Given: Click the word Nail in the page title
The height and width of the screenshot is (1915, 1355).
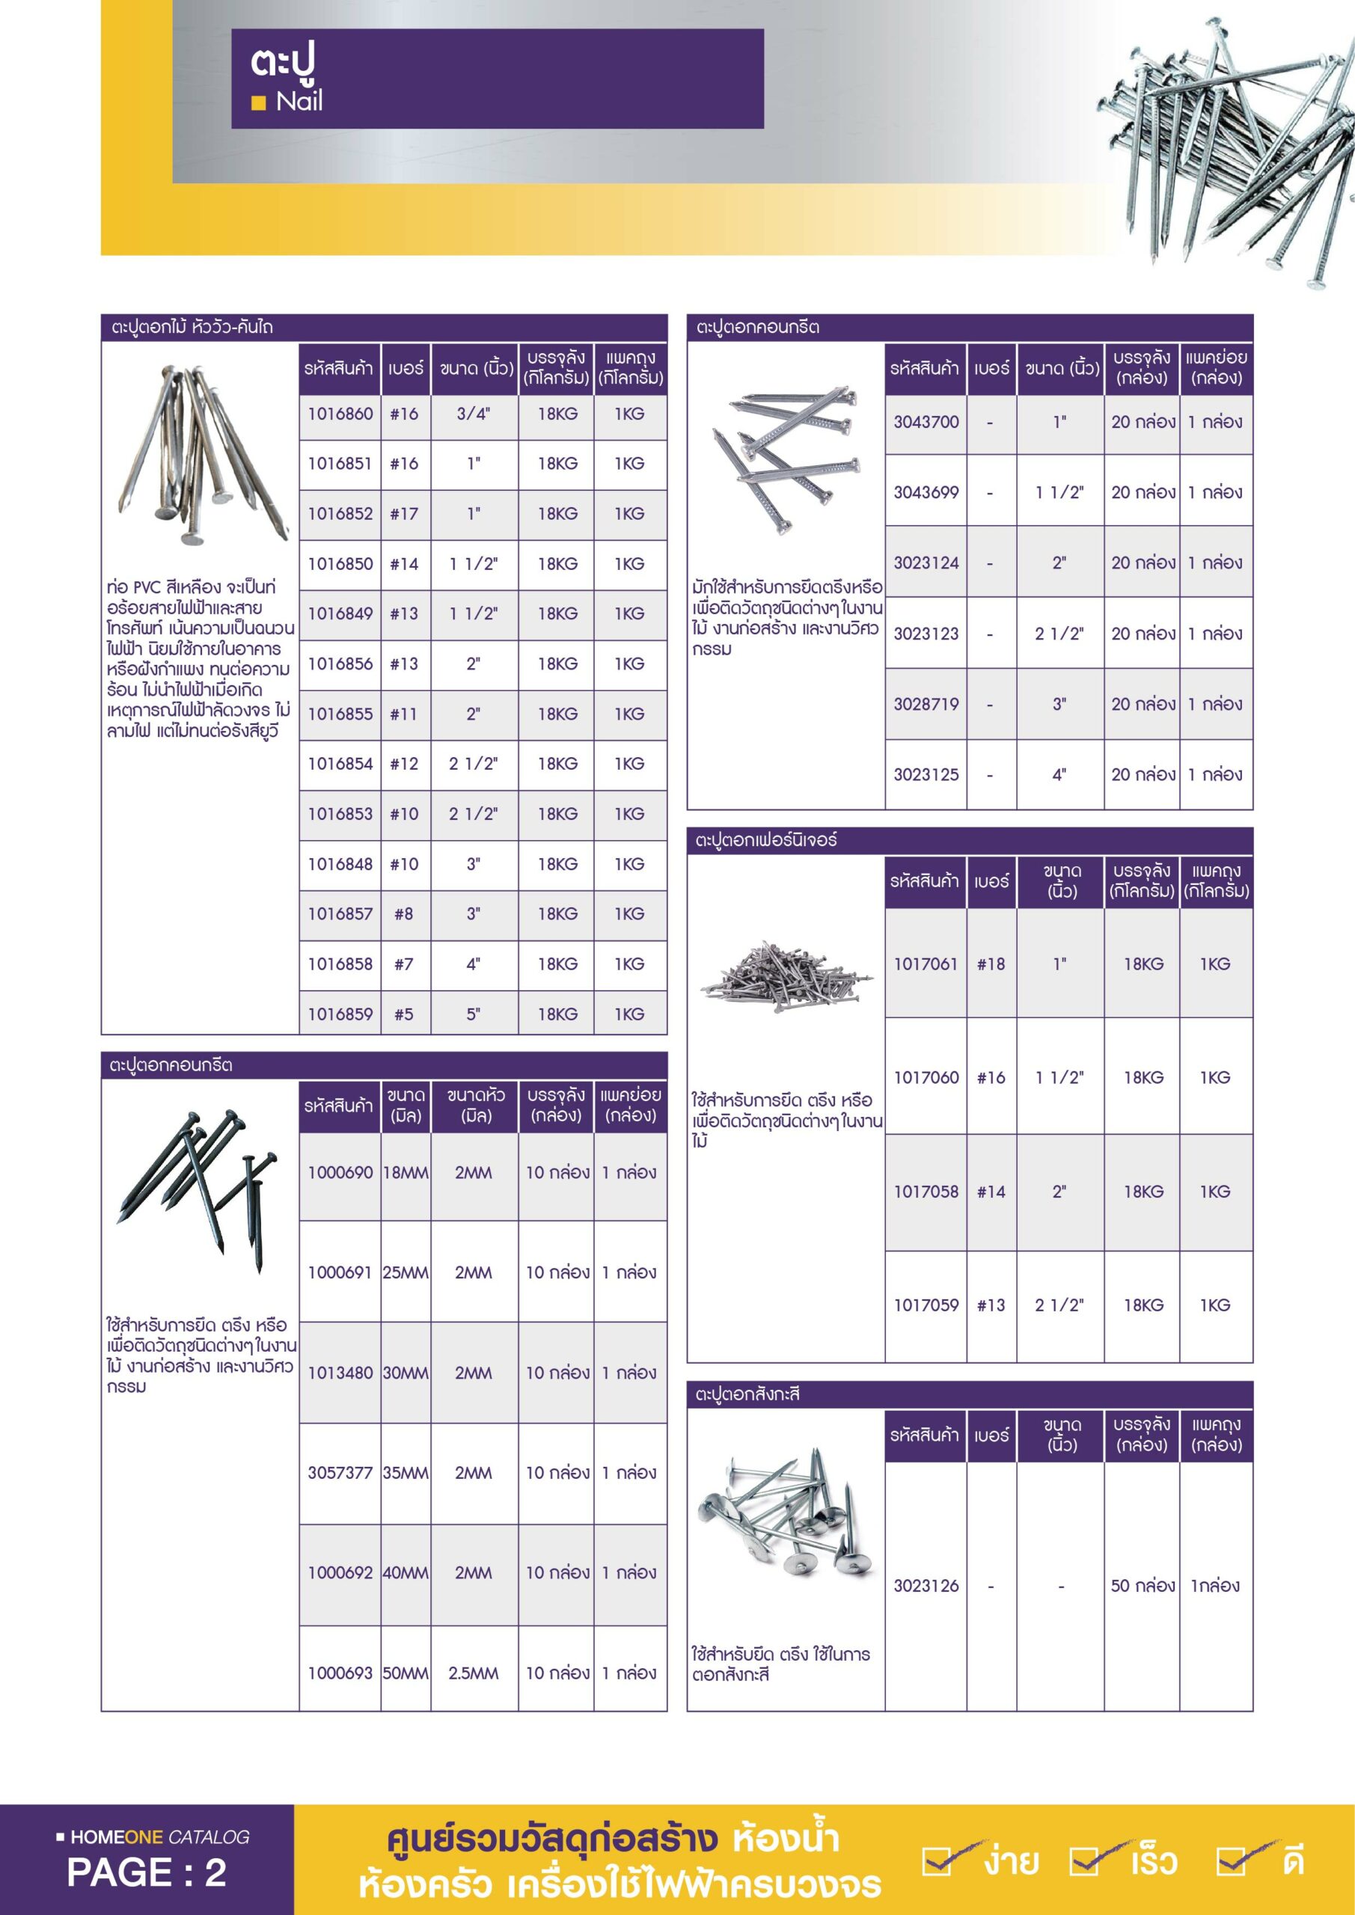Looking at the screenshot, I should pos(299,102).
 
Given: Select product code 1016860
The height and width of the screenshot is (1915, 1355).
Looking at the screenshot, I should pos(340,414).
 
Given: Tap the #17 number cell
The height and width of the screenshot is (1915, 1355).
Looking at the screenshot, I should pos(405,514).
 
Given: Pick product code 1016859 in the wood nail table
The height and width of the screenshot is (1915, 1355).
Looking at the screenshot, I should pos(340,1014).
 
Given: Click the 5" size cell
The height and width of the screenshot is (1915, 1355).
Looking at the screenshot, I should pos(473,1014).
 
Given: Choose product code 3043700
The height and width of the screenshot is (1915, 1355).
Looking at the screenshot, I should pos(926,422).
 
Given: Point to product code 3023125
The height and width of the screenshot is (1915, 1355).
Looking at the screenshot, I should pos(926,775).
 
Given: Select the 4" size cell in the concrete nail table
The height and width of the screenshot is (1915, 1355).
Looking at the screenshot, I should pos(1059,775).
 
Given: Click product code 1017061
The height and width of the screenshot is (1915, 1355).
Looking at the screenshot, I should pos(926,964).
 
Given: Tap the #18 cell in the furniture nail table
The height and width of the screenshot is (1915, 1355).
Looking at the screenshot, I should pos(991,964).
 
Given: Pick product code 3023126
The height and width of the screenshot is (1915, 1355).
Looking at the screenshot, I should pos(926,1586).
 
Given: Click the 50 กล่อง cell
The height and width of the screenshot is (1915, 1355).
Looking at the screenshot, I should pos(1143,1586).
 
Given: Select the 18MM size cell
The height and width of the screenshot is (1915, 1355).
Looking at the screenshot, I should pos(406,1173).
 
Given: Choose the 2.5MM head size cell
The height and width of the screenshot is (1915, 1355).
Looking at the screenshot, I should pos(473,1673).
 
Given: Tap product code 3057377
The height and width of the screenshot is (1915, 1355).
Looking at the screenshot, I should pos(340,1473).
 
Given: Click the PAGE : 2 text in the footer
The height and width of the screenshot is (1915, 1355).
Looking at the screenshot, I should pos(147,1872).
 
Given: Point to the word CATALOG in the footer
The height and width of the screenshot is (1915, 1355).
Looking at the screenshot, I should pos(209,1836).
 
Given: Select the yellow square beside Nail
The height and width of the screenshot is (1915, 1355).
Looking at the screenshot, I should pos(259,103).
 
